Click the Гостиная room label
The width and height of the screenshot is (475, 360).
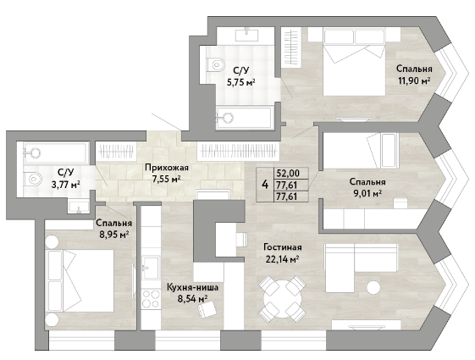[282, 247]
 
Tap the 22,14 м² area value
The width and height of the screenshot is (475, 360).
[282, 259]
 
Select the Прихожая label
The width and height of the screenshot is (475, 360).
[167, 167]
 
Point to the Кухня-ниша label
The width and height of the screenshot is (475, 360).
[192, 287]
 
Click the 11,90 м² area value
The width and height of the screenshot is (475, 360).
[414, 80]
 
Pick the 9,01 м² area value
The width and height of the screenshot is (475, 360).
[367, 193]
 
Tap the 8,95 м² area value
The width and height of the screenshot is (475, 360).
[114, 235]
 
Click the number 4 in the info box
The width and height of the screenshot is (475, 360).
[265, 184]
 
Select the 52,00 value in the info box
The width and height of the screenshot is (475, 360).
[288, 173]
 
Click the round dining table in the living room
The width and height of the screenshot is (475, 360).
[282, 299]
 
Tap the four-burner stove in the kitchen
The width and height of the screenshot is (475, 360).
[151, 298]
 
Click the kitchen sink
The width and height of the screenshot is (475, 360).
[151, 268]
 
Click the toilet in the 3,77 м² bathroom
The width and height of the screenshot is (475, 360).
[33, 179]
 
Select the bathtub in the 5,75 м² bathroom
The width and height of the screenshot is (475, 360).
[244, 118]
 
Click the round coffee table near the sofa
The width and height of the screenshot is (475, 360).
[373, 287]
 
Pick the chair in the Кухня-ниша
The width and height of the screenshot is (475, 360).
[207, 310]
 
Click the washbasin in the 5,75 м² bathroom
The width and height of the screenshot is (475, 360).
[247, 34]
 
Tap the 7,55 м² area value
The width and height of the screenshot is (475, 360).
[167, 179]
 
